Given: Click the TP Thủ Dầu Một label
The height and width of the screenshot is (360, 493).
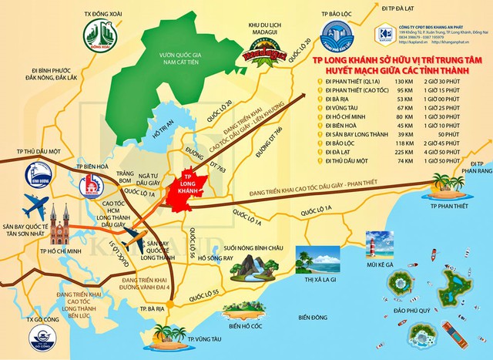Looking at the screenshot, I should pyautogui.click(x=32, y=150).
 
